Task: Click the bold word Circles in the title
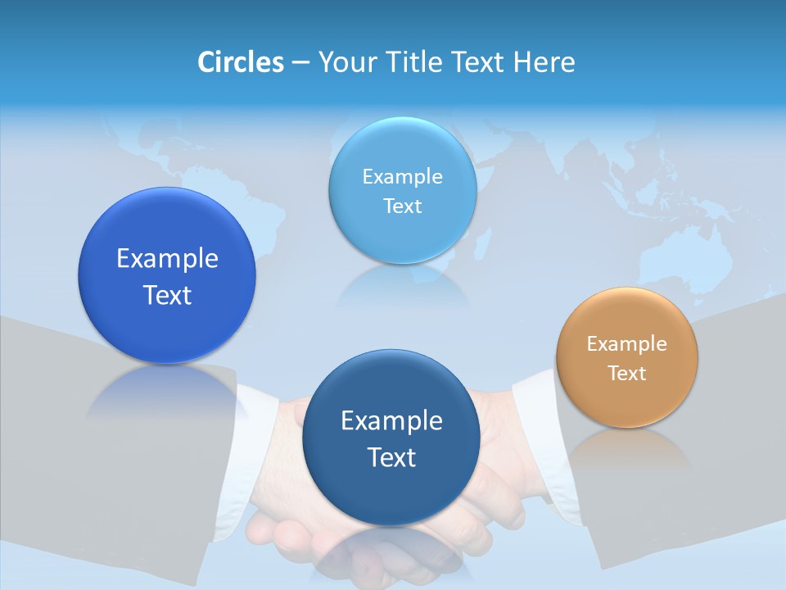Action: click(x=240, y=61)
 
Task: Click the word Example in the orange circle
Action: click(x=626, y=344)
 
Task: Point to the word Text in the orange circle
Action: click(x=626, y=374)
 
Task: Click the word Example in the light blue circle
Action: click(x=403, y=177)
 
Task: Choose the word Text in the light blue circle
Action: click(x=403, y=206)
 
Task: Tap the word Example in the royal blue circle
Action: click(x=167, y=259)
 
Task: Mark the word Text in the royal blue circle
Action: click(x=167, y=295)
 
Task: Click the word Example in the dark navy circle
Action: click(x=391, y=421)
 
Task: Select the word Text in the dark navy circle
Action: click(x=391, y=457)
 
